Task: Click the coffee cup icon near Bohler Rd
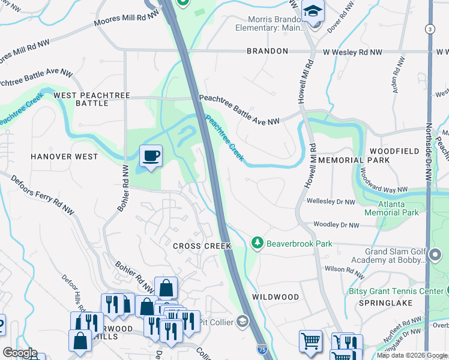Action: (151, 156)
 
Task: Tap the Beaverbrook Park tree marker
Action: (257, 242)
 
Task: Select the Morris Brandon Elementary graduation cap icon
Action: (313, 11)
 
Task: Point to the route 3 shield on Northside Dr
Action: (429, 29)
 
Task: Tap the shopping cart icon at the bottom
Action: (310, 341)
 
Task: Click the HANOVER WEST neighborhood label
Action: (64, 157)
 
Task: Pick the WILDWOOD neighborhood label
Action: (276, 297)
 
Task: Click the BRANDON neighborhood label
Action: (267, 52)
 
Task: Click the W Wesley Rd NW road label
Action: (352, 52)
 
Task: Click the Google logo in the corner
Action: (19, 353)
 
